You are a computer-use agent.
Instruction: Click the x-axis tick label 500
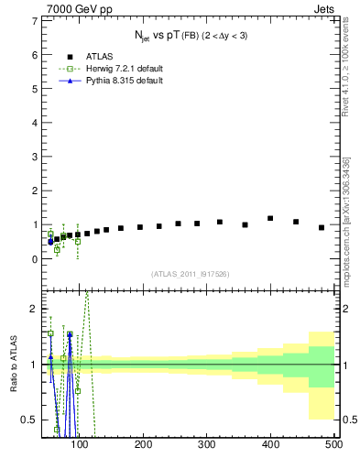pyautogui.click(x=333, y=444)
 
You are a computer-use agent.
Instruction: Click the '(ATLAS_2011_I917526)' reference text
pyautogui.click(x=190, y=274)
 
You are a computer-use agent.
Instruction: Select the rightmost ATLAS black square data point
pyautogui.click(x=322, y=227)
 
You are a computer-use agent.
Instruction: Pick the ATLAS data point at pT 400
pyautogui.click(x=270, y=218)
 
